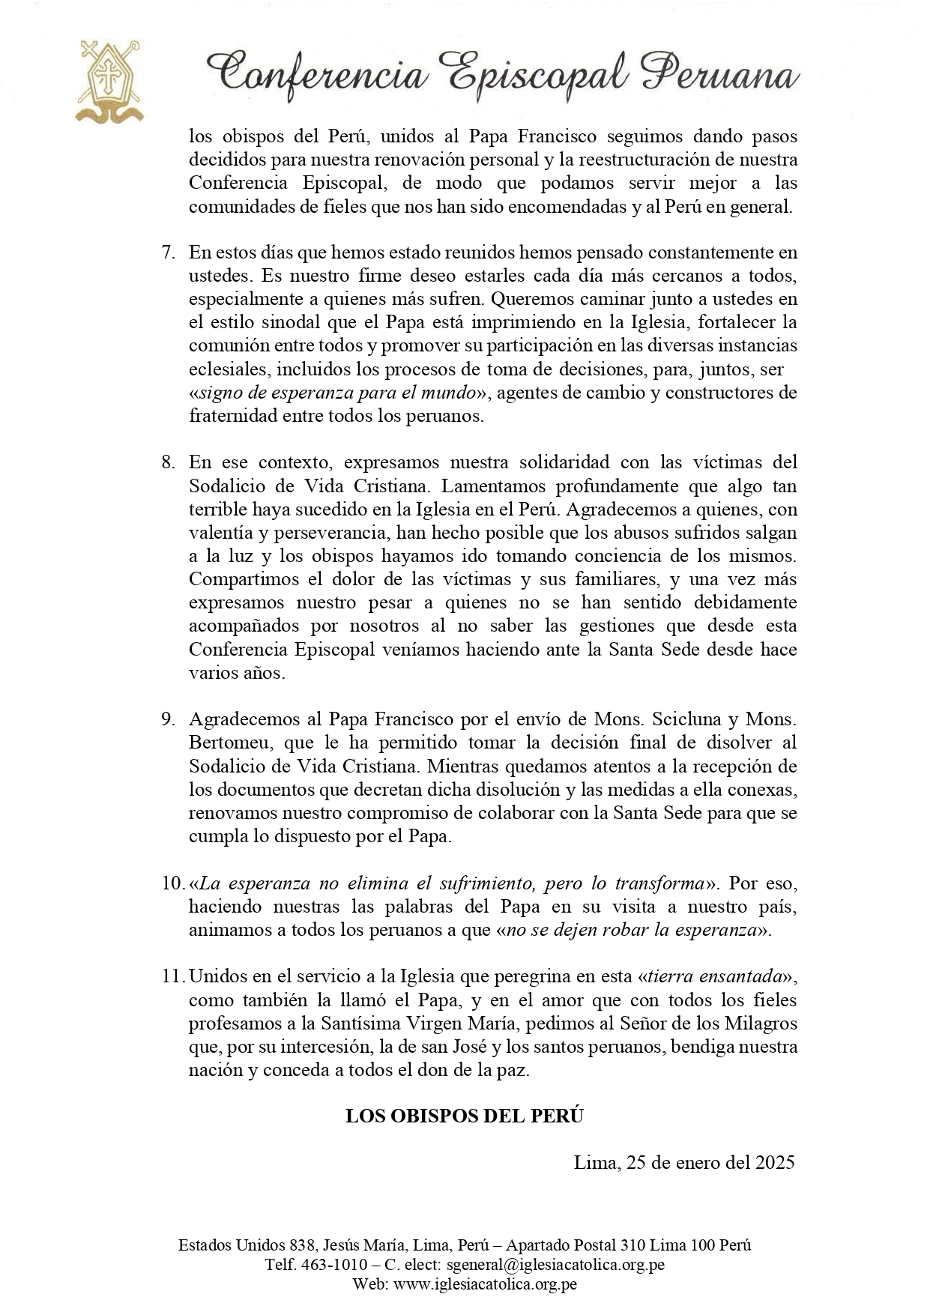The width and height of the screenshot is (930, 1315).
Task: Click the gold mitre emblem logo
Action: (112, 81)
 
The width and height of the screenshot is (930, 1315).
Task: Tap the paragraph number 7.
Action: (168, 252)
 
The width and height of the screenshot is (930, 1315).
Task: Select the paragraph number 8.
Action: (168, 462)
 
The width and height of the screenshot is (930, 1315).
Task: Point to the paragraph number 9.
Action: (168, 719)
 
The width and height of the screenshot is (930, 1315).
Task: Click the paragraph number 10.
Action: (172, 883)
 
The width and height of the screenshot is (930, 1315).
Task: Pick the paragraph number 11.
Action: (172, 976)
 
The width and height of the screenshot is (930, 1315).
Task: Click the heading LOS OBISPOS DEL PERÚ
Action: (464, 1116)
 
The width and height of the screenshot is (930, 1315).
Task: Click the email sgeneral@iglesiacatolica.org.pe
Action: (555, 1264)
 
